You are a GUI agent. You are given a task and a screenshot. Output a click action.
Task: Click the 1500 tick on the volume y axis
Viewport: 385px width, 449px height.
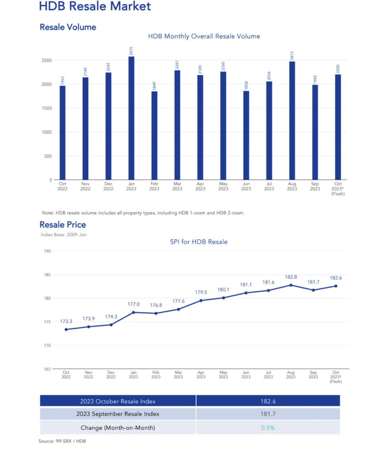(x=47, y=108)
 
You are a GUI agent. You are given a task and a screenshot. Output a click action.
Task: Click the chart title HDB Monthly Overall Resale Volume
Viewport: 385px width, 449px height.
(x=204, y=36)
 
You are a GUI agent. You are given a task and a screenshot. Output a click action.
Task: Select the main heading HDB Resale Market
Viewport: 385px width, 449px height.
(x=95, y=7)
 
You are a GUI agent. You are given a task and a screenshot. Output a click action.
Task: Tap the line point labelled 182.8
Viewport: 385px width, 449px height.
(x=291, y=285)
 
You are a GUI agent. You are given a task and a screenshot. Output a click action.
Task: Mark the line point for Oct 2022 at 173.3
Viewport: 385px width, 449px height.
(x=66, y=329)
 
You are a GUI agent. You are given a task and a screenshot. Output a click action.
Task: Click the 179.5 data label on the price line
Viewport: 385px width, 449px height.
(x=201, y=292)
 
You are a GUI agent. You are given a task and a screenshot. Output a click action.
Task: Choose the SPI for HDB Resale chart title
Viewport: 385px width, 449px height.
(x=199, y=242)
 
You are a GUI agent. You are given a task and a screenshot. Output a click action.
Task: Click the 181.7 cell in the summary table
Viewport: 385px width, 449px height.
(x=268, y=414)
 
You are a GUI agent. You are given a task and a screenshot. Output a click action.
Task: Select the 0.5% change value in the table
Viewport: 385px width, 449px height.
(x=268, y=427)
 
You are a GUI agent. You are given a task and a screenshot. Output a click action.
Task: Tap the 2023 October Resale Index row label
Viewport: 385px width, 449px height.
(x=118, y=401)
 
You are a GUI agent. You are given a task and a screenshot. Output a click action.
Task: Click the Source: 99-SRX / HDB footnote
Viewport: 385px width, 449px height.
(x=62, y=441)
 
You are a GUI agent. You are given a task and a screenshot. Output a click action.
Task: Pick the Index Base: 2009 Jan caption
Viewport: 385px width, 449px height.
(x=64, y=234)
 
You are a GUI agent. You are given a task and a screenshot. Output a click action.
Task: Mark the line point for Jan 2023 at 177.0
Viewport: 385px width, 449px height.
(x=133, y=312)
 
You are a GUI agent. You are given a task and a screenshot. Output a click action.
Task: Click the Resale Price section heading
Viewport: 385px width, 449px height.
(x=63, y=225)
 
